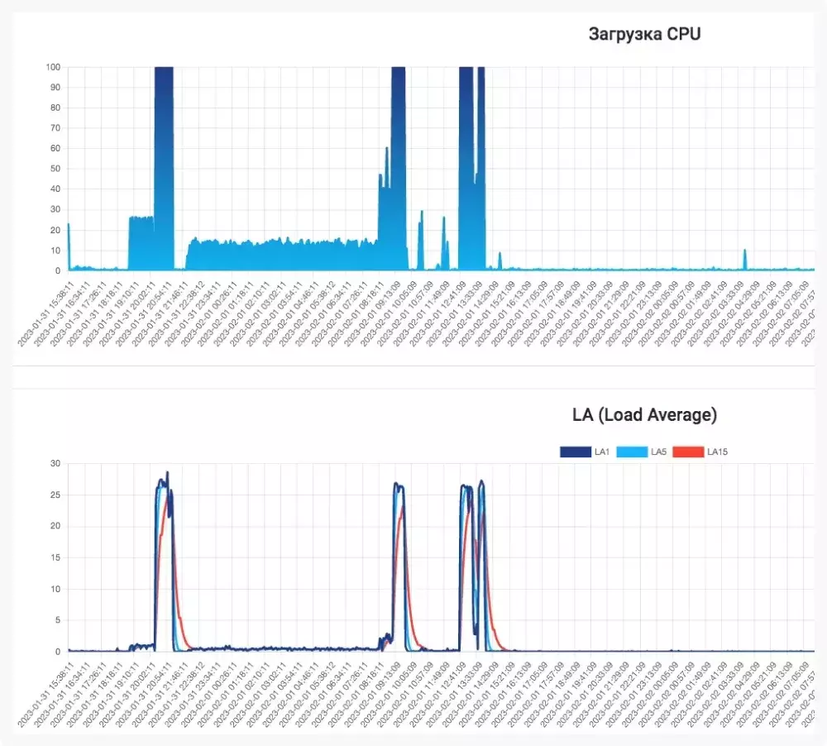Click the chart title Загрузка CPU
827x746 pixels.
coord(644,34)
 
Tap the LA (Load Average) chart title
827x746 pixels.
coord(644,414)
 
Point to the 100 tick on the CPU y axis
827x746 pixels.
coord(54,67)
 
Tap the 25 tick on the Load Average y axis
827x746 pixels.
coord(56,495)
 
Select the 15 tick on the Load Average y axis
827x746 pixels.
coord(56,557)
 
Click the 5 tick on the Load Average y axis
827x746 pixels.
coord(58,620)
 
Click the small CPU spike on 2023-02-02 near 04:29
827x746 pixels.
coord(745,251)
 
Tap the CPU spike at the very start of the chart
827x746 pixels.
coord(69,225)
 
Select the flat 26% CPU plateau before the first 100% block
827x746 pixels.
coord(141,218)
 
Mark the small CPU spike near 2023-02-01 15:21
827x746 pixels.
coord(500,254)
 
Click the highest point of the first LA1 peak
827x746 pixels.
coord(167,473)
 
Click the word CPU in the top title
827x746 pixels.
coord(683,34)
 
